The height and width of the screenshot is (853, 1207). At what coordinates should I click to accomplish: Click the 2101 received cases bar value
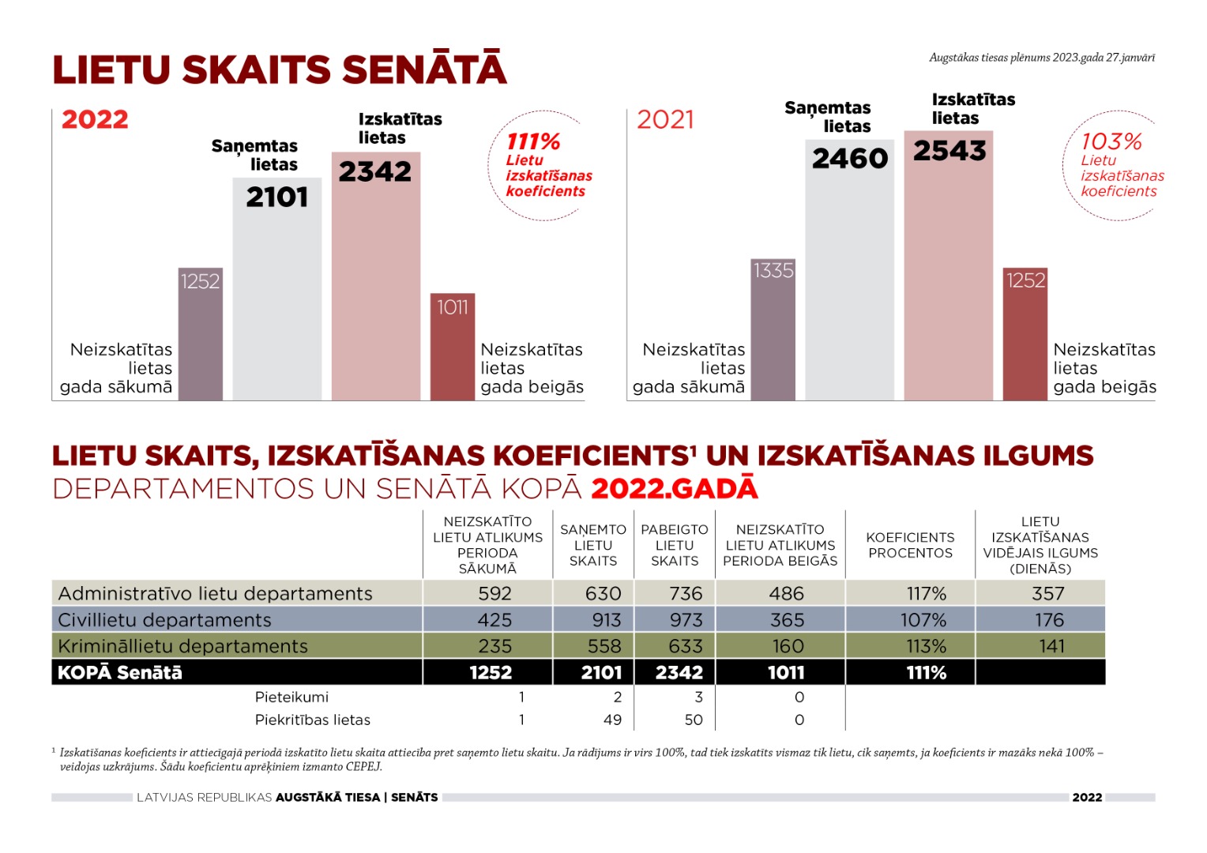point(277,197)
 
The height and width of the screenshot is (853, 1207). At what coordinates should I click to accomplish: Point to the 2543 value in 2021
point(949,151)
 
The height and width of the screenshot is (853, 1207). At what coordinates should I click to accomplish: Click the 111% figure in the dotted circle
point(533,142)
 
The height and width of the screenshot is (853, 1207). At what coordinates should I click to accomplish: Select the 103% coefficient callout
point(1111,142)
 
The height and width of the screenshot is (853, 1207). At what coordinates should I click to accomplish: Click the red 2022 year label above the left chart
point(95,119)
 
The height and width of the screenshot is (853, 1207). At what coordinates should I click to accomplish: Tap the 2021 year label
point(665,119)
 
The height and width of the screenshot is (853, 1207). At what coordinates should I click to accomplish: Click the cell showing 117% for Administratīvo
point(926,593)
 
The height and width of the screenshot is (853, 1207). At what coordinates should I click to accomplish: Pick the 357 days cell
point(1048,593)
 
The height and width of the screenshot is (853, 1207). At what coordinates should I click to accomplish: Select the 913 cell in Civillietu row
point(603,620)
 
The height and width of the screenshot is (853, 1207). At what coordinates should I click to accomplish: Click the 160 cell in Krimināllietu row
point(788,646)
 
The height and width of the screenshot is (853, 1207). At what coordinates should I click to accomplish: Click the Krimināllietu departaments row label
point(182,646)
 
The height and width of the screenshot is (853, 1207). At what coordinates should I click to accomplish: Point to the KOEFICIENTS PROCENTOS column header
point(910,545)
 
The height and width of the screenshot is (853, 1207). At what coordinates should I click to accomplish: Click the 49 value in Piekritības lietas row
point(612,720)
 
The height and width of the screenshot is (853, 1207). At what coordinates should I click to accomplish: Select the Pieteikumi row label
point(291,697)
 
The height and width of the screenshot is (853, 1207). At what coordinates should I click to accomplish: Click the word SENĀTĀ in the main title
point(425,70)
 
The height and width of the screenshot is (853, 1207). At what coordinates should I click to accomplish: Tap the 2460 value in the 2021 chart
point(850,159)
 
